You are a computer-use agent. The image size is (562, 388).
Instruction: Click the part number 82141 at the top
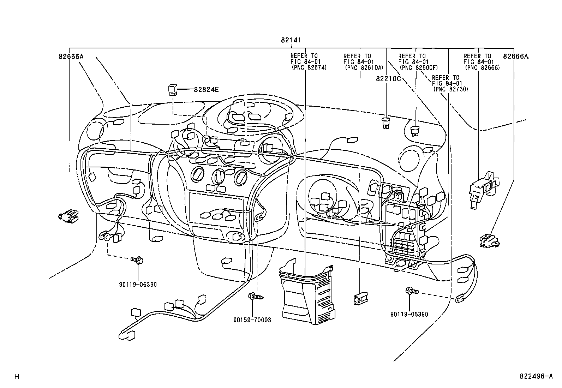[291, 40]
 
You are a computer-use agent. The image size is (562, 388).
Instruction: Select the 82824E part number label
[206, 89]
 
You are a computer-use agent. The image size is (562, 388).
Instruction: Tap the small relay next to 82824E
[173, 90]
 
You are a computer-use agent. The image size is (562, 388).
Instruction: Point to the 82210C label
[388, 79]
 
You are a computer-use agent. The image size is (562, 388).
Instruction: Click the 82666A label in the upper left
[71, 56]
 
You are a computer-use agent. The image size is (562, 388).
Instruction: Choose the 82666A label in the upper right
[516, 56]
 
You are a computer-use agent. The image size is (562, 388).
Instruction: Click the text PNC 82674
[309, 67]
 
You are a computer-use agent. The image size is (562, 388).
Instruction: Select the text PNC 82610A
[364, 67]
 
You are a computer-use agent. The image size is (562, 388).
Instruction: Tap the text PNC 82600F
[419, 67]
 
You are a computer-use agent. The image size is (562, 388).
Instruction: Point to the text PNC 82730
[451, 89]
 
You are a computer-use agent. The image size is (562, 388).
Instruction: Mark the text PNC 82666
[483, 67]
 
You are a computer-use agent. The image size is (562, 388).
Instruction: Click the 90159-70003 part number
[252, 320]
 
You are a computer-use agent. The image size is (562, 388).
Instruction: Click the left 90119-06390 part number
[138, 284]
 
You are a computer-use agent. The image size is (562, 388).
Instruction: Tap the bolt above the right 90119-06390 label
[412, 291]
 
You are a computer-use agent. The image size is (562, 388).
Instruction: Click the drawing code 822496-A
[536, 376]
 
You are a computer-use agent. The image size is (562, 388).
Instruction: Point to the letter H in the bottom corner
[17, 377]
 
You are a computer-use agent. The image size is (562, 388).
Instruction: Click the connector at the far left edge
[68, 216]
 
